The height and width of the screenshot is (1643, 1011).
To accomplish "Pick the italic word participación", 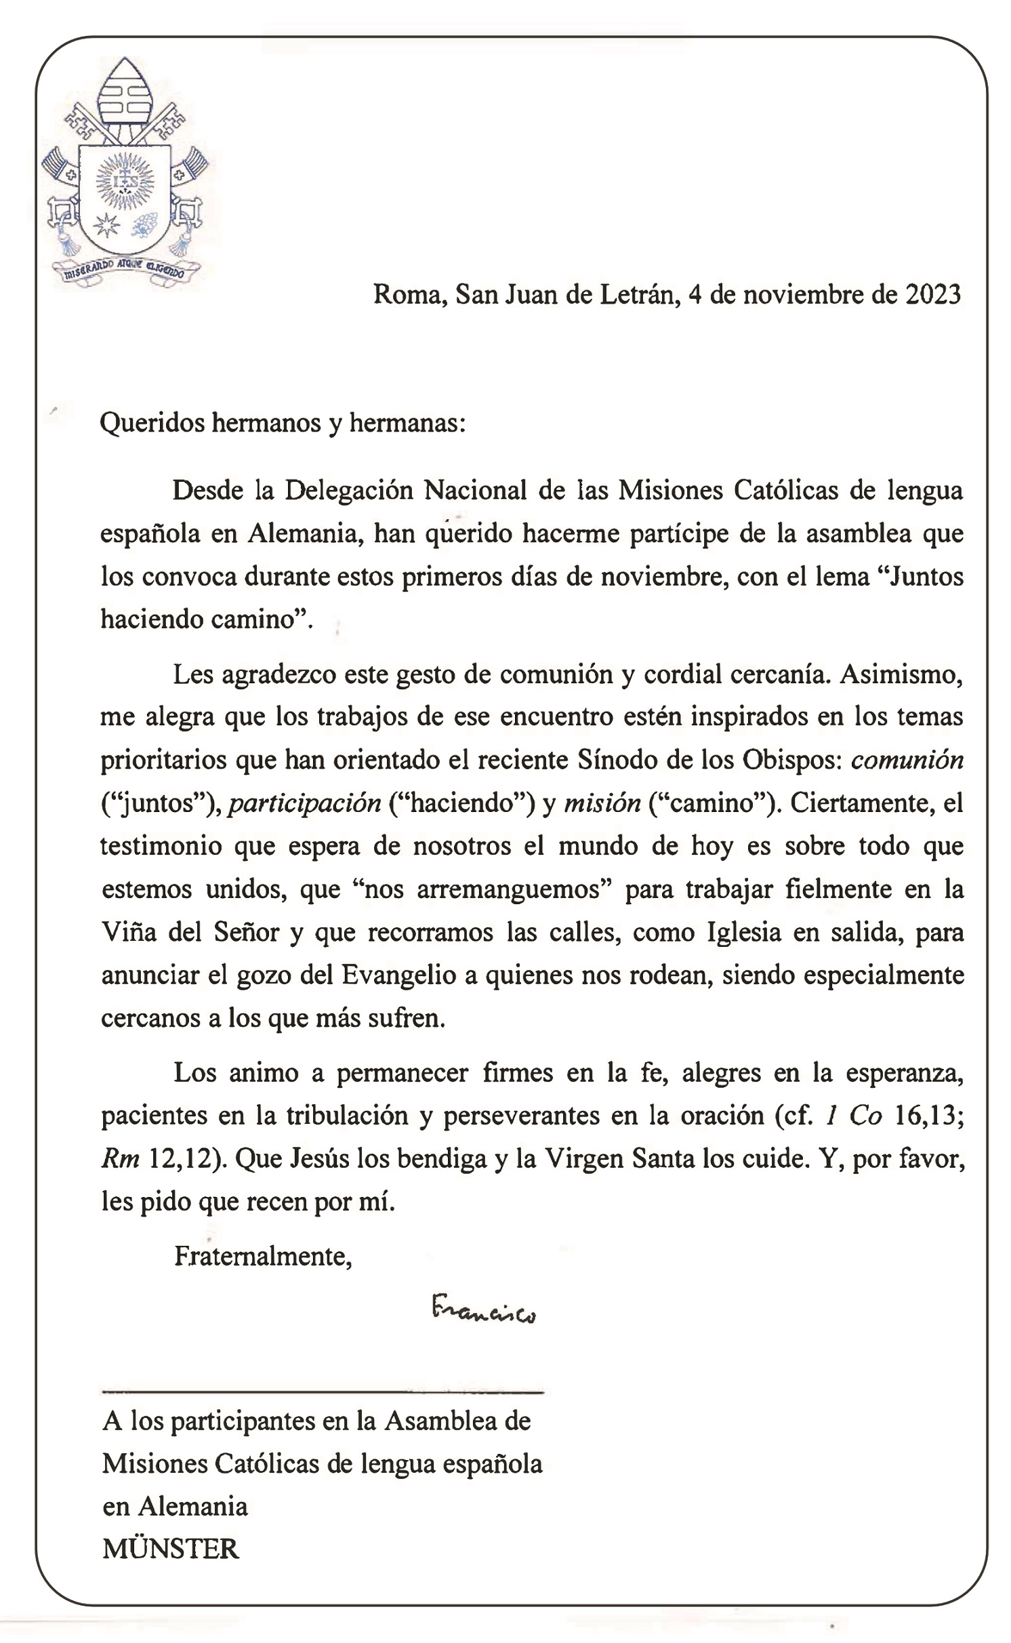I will click(x=304, y=803).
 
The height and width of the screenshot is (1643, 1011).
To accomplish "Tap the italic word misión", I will click(x=602, y=803).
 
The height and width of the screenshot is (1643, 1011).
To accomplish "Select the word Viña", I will click(x=129, y=933).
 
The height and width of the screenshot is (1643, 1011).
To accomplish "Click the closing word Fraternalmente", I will click(x=263, y=1257).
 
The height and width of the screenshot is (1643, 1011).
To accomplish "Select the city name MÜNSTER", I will click(x=171, y=1549).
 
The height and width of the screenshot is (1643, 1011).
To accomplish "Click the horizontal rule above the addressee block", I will click(x=323, y=1392).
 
